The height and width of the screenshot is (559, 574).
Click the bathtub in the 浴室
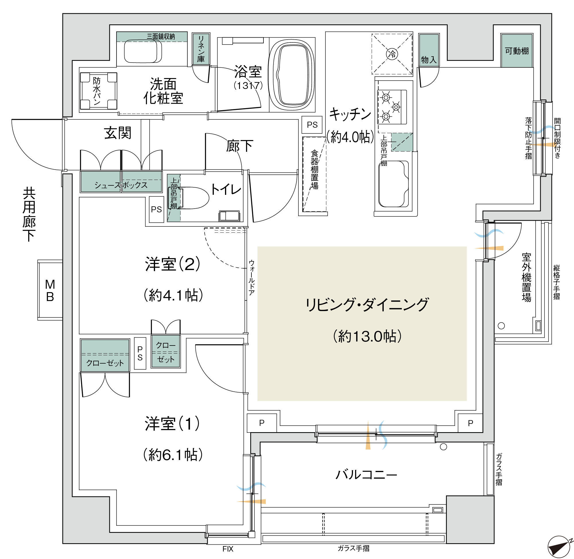292,75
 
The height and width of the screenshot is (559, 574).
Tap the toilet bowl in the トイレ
194,198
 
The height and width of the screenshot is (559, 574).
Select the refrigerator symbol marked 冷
392,54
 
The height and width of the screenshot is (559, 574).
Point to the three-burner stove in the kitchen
392,107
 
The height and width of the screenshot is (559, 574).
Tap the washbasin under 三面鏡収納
143,51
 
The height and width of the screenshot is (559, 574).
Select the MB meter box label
50,291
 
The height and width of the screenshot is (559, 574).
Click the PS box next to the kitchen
312,125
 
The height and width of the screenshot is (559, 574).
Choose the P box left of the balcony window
262,423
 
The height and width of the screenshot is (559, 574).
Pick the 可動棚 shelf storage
517,51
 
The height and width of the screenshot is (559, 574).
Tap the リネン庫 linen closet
201,49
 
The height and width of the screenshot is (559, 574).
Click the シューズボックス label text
121,185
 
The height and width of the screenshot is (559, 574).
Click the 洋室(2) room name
173,264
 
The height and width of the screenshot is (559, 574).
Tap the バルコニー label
366,475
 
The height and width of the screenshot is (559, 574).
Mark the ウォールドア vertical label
252,277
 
